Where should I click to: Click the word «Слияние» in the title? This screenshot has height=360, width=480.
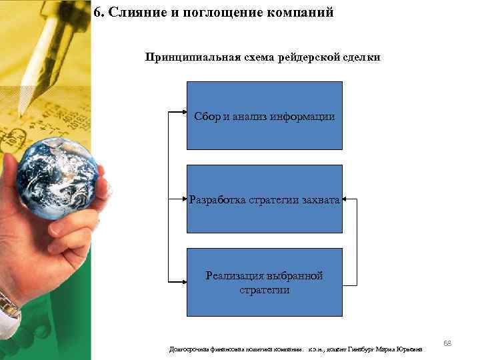coord(130,13)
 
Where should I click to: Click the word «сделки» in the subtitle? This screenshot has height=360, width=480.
coord(361,57)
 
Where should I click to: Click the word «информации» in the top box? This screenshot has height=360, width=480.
coord(303,117)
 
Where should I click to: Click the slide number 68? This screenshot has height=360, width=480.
coord(447,343)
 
